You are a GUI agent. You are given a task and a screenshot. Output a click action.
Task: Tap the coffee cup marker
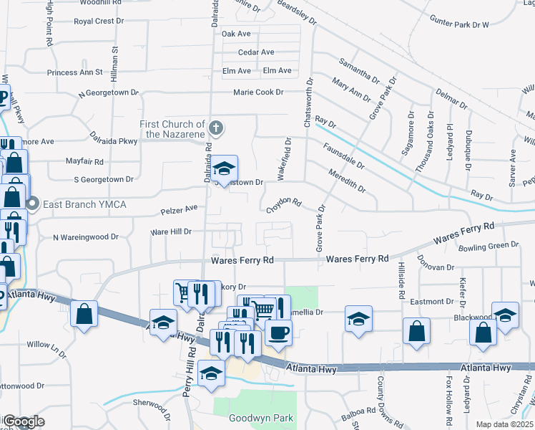278,332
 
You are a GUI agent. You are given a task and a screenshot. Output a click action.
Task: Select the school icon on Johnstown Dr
225,170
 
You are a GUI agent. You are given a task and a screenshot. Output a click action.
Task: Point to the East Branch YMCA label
84,205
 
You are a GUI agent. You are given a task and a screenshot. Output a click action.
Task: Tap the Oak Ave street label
236,34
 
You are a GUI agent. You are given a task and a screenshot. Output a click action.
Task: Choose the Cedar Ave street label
256,52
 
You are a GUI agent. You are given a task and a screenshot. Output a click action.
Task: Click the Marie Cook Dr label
259,92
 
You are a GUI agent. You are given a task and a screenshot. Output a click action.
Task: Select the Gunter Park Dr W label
460,24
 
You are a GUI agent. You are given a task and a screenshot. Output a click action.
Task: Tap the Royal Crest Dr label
99,21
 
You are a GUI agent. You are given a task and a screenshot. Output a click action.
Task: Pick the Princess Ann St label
75,72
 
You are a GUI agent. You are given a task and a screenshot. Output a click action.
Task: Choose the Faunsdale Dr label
345,157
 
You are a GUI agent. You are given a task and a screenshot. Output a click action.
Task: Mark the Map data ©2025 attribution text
504,424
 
